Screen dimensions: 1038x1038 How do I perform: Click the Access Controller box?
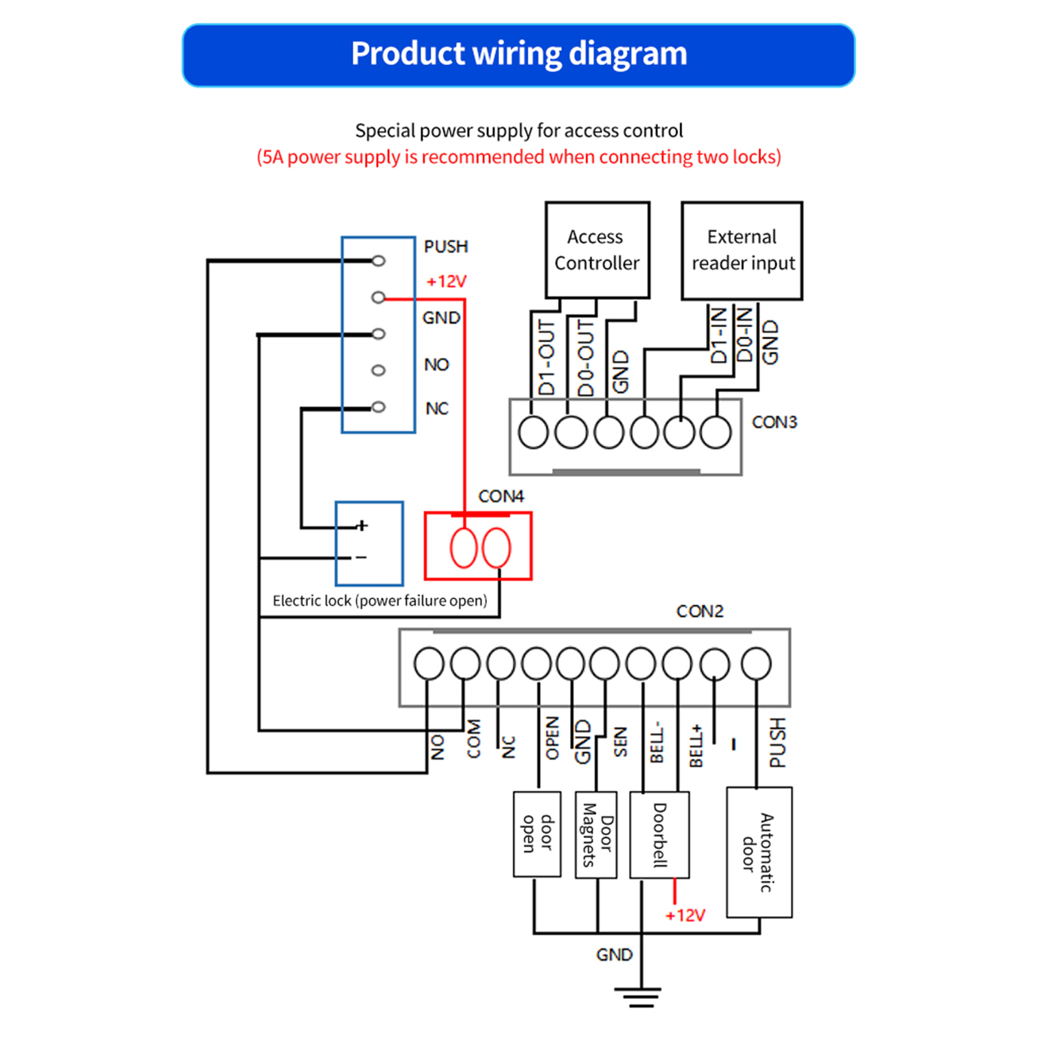pyautogui.click(x=597, y=250)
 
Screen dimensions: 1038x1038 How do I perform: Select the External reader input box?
pyautogui.click(x=742, y=250)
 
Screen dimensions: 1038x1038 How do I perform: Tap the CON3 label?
pyautogui.click(x=774, y=422)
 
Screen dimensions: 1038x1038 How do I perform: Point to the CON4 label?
pyautogui.click(x=501, y=497)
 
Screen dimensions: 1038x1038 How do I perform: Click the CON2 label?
pyautogui.click(x=700, y=611)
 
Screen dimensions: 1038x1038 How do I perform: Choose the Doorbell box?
pyautogui.click(x=659, y=835)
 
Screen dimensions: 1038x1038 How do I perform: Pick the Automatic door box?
pyautogui.click(x=759, y=852)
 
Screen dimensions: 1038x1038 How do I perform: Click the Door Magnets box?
pyautogui.click(x=596, y=835)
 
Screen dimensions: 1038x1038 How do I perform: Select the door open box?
pyautogui.click(x=537, y=834)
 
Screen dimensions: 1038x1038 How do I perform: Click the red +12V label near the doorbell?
pyautogui.click(x=685, y=915)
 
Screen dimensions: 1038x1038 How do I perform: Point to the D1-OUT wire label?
pyautogui.click(x=547, y=357)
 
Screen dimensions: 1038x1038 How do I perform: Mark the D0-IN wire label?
pyautogui.click(x=744, y=335)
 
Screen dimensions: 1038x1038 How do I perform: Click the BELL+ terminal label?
pyautogui.click(x=696, y=746)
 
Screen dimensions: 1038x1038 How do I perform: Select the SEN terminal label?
pyautogui.click(x=620, y=742)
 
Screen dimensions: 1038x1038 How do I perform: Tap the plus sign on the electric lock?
pyautogui.click(x=362, y=525)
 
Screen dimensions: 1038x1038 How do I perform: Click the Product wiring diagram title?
pyautogui.click(x=519, y=54)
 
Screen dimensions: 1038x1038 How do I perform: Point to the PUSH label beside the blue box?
pyautogui.click(x=445, y=247)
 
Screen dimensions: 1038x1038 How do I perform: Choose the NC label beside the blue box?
pyautogui.click(x=436, y=408)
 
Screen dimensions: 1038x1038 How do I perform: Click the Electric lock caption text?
pyautogui.click(x=379, y=601)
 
